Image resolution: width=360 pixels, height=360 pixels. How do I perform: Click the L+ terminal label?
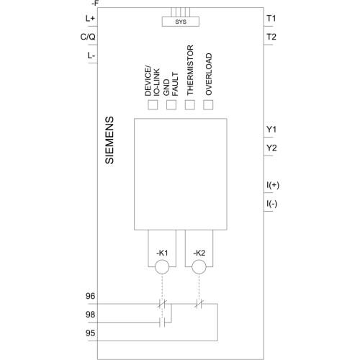coord(90,18)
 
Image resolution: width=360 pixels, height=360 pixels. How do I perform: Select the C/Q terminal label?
coord(88,37)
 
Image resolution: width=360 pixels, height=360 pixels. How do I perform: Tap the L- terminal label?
coord(91,55)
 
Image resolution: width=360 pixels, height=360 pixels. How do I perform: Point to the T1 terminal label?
coord(271,18)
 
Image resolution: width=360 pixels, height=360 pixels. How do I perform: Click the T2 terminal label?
coord(271,37)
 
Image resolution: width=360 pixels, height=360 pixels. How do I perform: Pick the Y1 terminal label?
coord(271,130)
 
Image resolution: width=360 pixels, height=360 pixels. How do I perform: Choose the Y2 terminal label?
coord(271,148)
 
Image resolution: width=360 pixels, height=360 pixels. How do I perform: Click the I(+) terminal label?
coord(273,185)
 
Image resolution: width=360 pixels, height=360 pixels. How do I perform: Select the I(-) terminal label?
coord(272,204)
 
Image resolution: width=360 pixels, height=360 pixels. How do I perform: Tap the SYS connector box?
coord(181,22)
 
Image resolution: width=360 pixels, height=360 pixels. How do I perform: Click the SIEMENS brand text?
coord(109,140)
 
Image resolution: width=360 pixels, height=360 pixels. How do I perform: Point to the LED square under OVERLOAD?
coord(208,105)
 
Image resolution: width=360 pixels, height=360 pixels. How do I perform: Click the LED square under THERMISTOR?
coord(189,105)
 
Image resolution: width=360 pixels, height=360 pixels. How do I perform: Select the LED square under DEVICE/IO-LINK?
coord(153,105)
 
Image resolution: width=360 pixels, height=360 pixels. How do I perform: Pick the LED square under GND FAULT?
coord(171,105)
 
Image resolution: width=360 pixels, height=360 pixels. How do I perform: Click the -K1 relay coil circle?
coord(162,266)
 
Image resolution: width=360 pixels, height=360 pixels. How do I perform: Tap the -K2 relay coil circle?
coord(199,266)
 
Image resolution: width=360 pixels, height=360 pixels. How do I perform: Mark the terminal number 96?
coord(90,296)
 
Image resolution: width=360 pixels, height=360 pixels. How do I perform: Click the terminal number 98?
coord(90,315)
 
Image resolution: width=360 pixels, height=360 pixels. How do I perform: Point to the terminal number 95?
coord(90,333)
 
